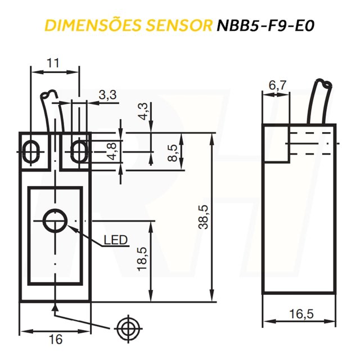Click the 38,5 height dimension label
click(203, 217)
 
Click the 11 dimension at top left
click(53, 63)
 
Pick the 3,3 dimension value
click(107, 95)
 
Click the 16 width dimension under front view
click(55, 339)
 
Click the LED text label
click(115, 241)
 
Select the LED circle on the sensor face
click(55, 222)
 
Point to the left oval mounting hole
click(30, 151)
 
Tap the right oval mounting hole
click(79, 151)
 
